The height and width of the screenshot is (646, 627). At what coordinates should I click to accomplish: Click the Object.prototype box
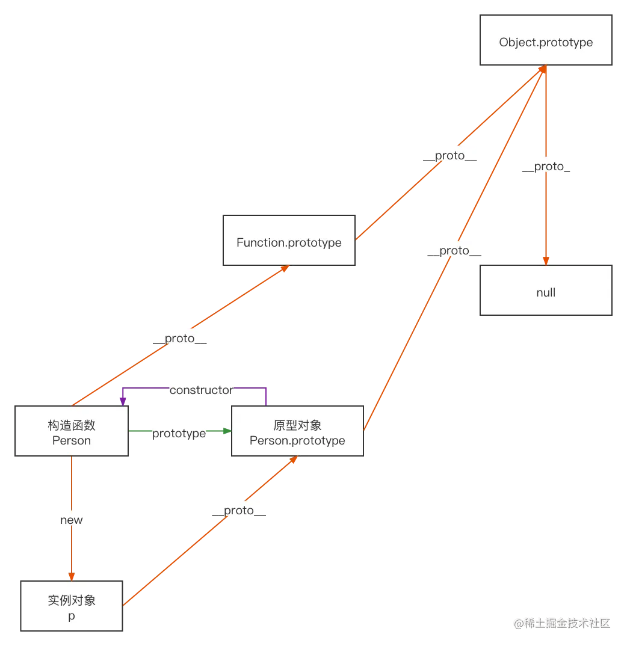tap(546, 42)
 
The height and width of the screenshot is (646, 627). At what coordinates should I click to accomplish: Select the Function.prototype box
tap(289, 242)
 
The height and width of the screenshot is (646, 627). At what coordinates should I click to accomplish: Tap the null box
tap(546, 292)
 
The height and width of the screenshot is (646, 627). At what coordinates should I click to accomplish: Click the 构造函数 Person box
tap(72, 432)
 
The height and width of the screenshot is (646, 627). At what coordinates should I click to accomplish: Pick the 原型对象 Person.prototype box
tap(297, 432)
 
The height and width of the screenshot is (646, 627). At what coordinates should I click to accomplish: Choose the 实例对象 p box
tap(72, 608)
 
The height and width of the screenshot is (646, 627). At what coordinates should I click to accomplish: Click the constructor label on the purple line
tap(201, 390)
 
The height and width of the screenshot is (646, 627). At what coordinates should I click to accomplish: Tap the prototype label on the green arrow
tap(179, 433)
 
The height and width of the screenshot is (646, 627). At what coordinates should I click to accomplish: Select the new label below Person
tap(72, 519)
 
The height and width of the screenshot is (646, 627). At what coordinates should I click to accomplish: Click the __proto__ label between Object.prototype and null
tap(546, 166)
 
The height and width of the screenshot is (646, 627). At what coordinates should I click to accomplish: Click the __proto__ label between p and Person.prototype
tap(239, 510)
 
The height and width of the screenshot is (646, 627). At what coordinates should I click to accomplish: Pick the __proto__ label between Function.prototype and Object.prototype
tap(449, 155)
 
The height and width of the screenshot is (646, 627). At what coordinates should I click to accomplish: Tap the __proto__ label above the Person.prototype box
tap(454, 250)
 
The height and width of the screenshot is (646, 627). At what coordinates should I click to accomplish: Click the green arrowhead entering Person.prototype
tap(227, 431)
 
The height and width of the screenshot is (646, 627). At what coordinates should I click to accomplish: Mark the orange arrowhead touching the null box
tap(546, 260)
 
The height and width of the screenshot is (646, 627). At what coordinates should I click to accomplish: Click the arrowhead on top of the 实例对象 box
tap(72, 576)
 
